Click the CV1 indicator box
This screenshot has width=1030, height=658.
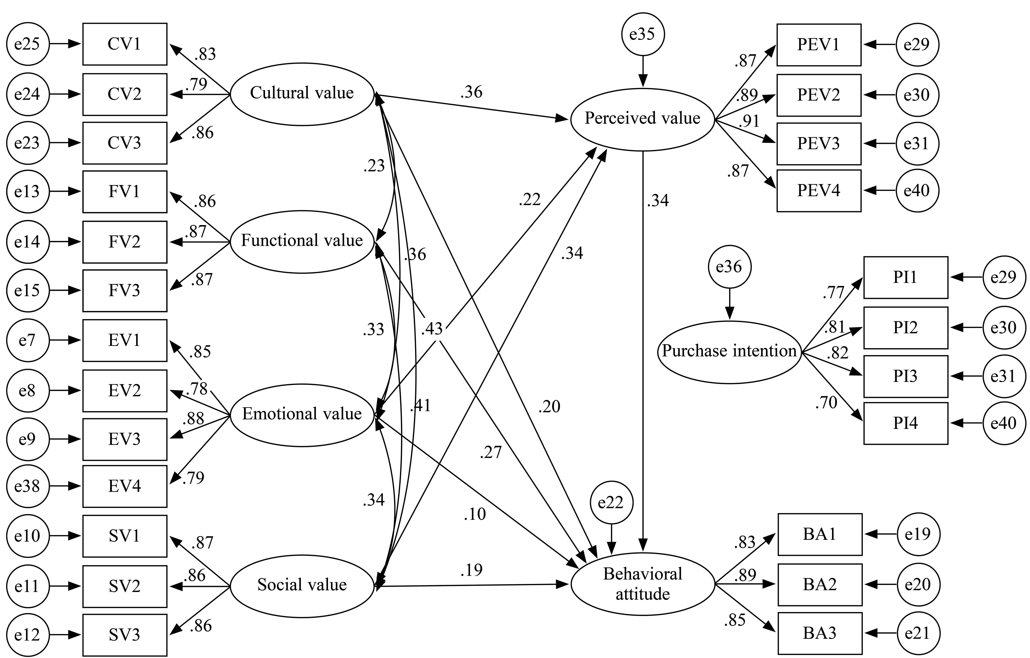(125, 44)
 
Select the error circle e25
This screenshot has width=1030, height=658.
(28, 44)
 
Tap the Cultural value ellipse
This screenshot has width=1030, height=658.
(302, 94)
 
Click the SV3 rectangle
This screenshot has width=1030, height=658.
(125, 634)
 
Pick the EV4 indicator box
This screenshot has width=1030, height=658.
(125, 486)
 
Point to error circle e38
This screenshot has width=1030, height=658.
(28, 486)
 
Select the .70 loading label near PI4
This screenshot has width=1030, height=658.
(826, 403)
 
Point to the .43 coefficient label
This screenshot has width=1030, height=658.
(432, 329)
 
